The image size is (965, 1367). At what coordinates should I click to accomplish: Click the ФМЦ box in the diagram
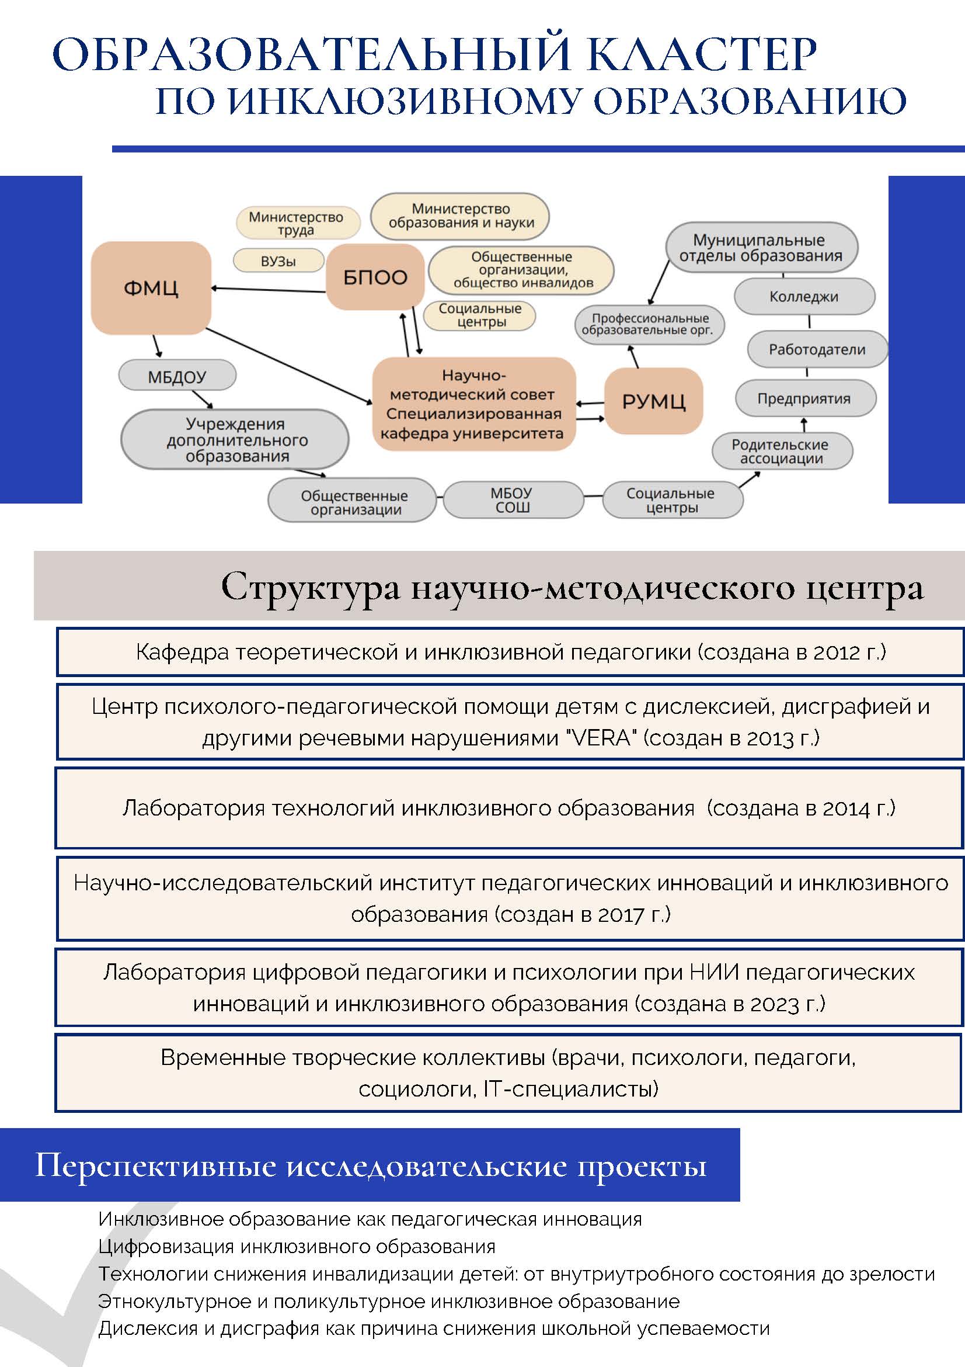(151, 288)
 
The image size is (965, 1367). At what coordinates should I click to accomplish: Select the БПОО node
(375, 277)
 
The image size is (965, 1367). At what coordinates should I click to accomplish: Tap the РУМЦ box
(654, 401)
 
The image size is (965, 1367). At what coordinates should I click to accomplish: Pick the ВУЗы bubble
(278, 261)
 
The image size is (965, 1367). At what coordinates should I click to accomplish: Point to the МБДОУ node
(177, 376)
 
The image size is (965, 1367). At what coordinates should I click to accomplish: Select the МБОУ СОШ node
(513, 500)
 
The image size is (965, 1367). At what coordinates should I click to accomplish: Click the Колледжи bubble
(804, 297)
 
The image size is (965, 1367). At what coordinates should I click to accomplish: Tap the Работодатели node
(817, 349)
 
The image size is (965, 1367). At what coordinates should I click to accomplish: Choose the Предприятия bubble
(806, 398)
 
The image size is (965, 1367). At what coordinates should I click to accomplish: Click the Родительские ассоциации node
(782, 452)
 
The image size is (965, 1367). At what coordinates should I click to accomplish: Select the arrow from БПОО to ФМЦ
(269, 290)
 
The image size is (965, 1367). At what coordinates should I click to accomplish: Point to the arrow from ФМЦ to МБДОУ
(157, 346)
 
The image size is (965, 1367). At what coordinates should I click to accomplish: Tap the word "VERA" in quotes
(604, 738)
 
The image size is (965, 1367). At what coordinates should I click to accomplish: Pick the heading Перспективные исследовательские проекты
(371, 1164)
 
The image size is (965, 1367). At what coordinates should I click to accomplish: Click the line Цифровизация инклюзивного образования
(297, 1246)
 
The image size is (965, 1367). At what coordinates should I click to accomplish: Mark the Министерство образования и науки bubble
(460, 217)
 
